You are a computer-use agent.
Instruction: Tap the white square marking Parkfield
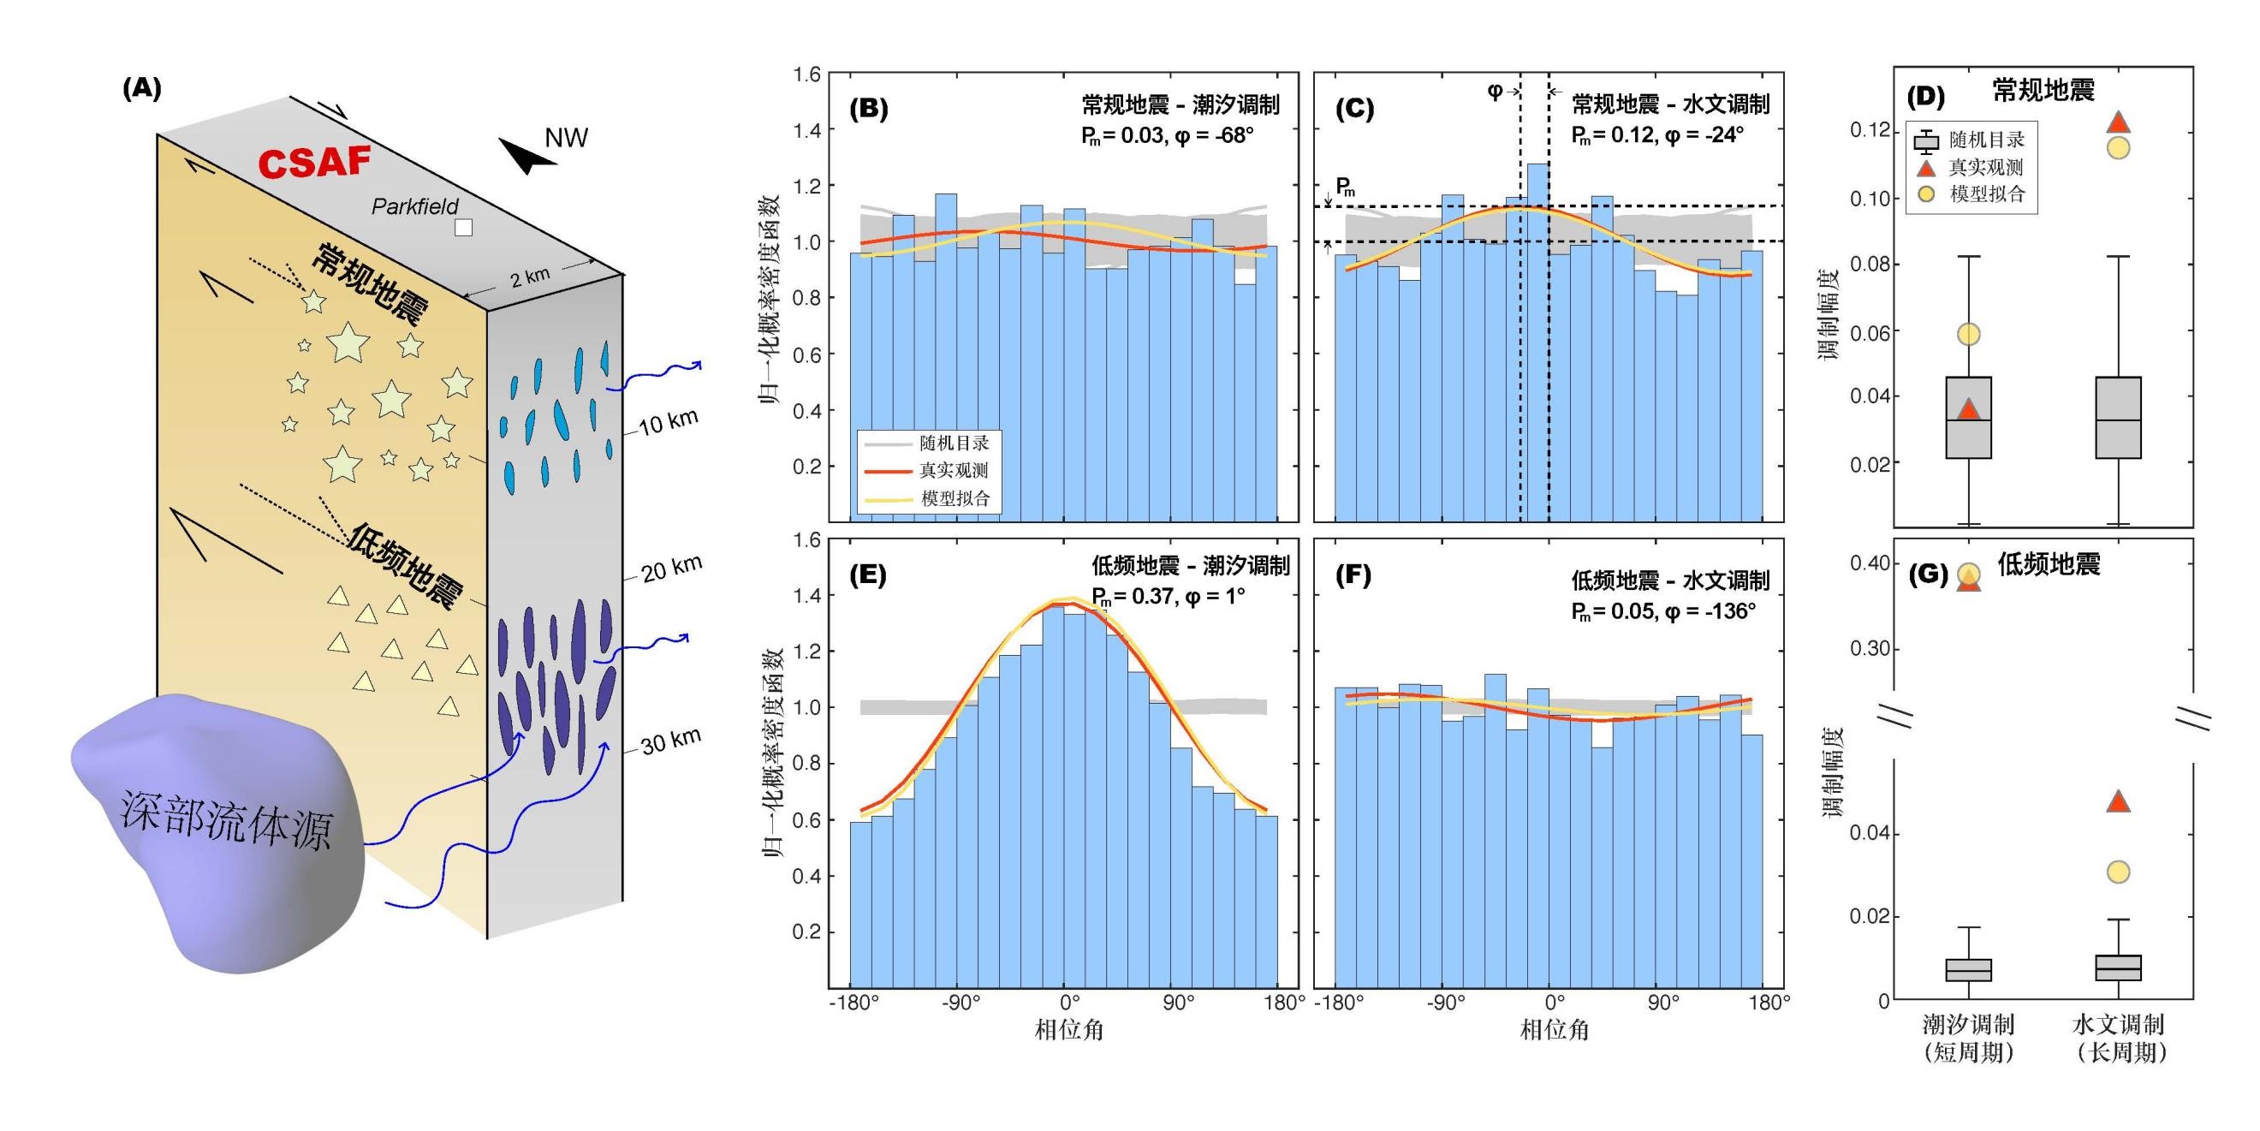pyautogui.click(x=463, y=227)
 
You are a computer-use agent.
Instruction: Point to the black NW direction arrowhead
pyautogui.click(x=527, y=156)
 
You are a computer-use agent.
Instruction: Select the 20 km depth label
pyautogui.click(x=672, y=568)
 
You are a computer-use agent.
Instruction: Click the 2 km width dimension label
pyautogui.click(x=530, y=278)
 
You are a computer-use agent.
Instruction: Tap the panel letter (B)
pyautogui.click(x=869, y=109)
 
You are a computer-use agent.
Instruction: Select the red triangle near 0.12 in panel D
pyautogui.click(x=2118, y=122)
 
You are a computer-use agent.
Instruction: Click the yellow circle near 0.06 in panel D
pyautogui.click(x=1969, y=334)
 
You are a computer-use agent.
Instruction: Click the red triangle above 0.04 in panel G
pyautogui.click(x=2118, y=801)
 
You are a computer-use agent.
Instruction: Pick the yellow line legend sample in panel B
pyautogui.click(x=888, y=499)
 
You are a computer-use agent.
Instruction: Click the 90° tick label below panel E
pyautogui.click(x=1178, y=1002)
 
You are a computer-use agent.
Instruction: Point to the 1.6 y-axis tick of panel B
pyautogui.click(x=807, y=75)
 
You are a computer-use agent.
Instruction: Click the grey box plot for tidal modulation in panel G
pyautogui.click(x=1969, y=969)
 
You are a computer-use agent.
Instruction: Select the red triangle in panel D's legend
pyautogui.click(x=1926, y=168)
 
